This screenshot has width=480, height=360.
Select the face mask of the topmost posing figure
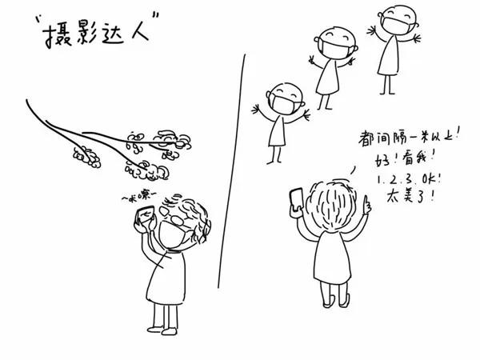pyautogui.click(x=394, y=30)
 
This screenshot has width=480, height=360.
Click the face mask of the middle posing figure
pyautogui.click(x=334, y=50)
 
